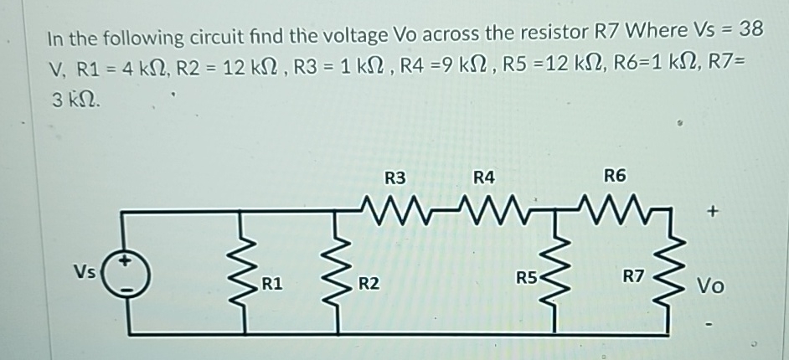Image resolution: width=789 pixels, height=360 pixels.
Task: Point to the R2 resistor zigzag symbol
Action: tap(340, 272)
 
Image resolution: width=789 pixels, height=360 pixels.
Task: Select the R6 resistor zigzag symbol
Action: tap(616, 207)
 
